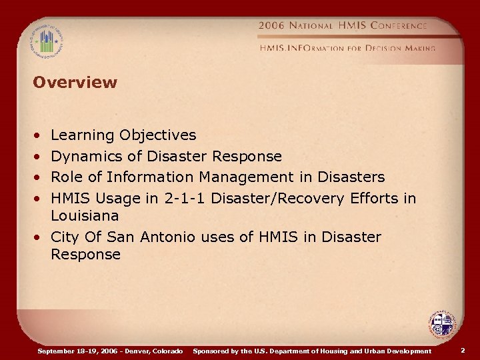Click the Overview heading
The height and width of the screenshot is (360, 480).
[x=75, y=83]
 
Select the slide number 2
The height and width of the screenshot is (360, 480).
[x=463, y=350]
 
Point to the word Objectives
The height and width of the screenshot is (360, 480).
[x=158, y=135]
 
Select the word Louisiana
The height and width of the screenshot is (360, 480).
[x=85, y=216]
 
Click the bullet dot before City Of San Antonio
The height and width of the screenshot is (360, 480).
[x=41, y=237]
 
